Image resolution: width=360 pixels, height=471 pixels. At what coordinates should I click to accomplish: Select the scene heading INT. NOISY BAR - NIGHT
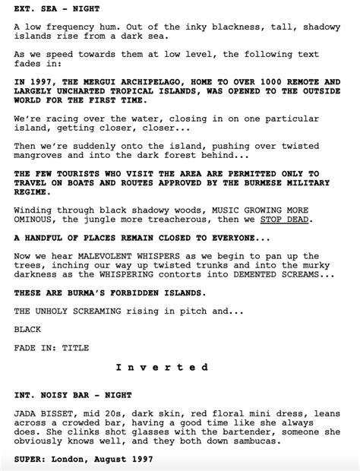click(x=73, y=395)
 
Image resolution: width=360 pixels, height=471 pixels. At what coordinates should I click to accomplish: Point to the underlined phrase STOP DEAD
click(x=286, y=219)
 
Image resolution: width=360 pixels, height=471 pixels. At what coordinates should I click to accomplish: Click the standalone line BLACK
click(x=27, y=329)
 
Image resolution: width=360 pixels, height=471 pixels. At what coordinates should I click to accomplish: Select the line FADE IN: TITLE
click(x=51, y=348)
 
